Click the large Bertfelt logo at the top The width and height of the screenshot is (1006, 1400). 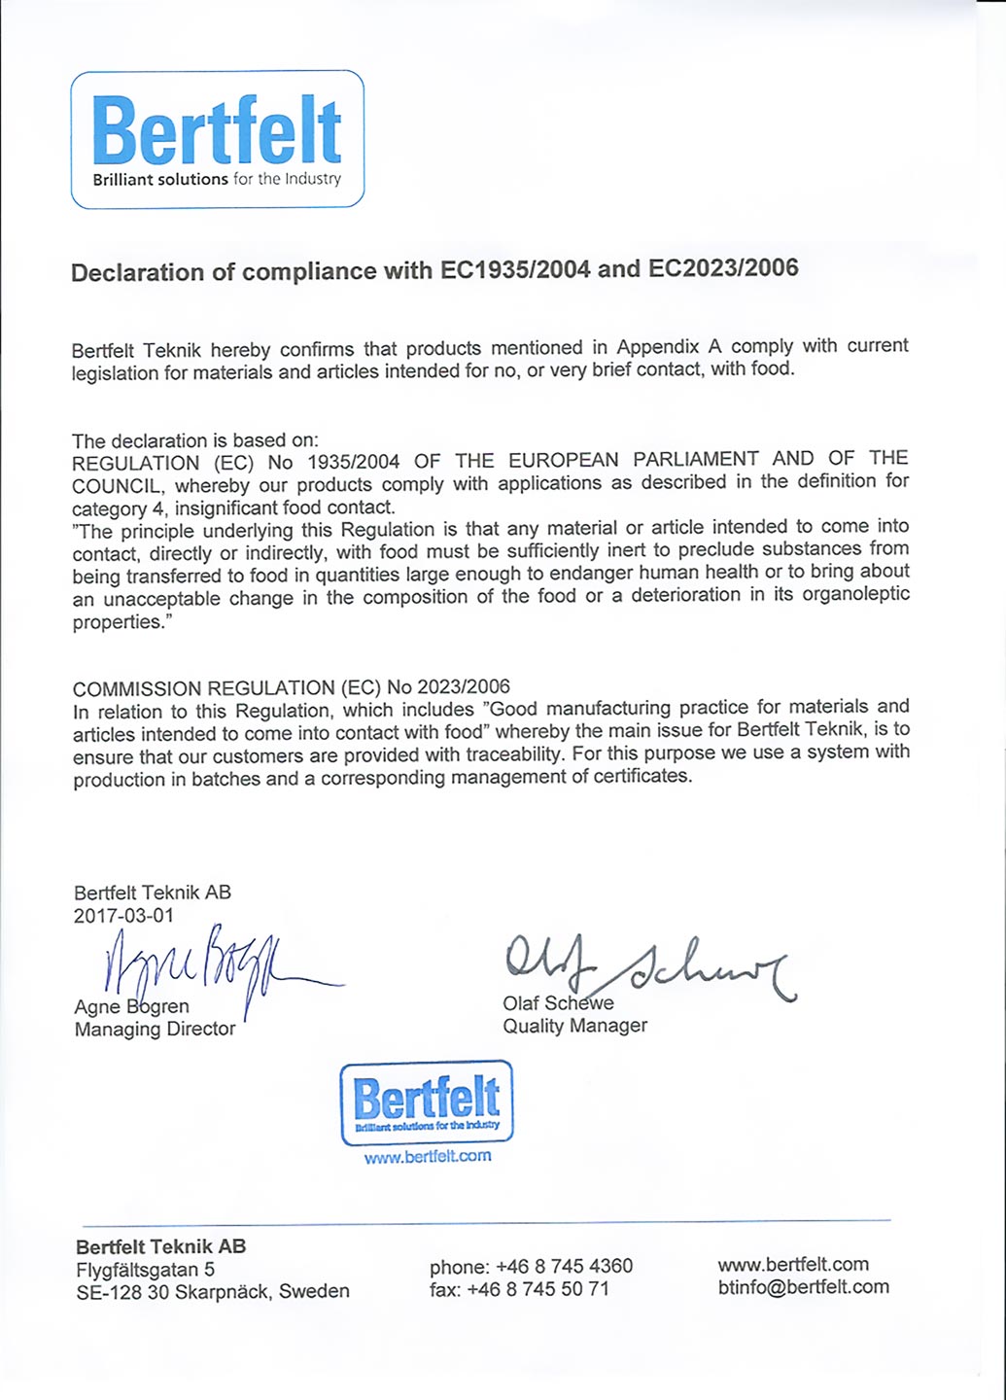coord(217,138)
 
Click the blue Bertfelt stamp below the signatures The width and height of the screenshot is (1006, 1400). coord(427,1102)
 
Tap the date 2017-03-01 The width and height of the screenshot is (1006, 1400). coord(123,915)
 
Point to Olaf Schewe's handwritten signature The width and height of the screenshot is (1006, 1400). coord(642,965)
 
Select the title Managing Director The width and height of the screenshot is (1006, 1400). coord(155,1029)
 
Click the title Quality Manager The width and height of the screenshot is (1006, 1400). coord(574,1026)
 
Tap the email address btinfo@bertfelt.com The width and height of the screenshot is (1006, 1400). coord(803,1287)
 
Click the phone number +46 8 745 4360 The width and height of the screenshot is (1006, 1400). coord(564,1266)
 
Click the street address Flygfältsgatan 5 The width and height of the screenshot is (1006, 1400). coord(145,1269)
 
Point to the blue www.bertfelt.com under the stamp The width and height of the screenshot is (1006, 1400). coord(428,1156)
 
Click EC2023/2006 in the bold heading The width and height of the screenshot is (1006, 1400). coord(723,268)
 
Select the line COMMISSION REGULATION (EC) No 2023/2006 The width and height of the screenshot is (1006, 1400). coord(291,688)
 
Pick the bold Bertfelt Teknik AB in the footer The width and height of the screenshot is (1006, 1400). coord(160,1246)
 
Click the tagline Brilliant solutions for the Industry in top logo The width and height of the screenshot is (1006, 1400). coord(217,179)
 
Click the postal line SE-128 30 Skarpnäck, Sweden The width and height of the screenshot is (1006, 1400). coord(212,1292)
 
